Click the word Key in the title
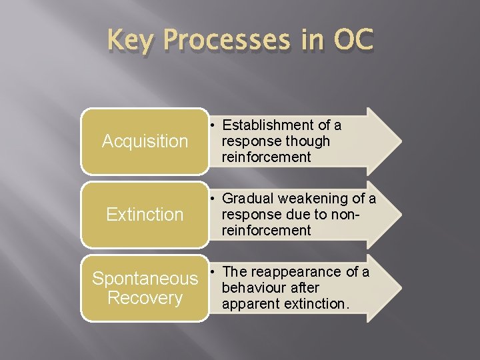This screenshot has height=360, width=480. tap(132, 41)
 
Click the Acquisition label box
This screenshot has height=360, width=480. tap(145, 141)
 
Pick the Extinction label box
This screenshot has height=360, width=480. tap(145, 215)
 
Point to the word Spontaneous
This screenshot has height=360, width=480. tap(145, 279)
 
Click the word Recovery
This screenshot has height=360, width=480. tap(145, 297)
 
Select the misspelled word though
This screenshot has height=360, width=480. tap(307, 141)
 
